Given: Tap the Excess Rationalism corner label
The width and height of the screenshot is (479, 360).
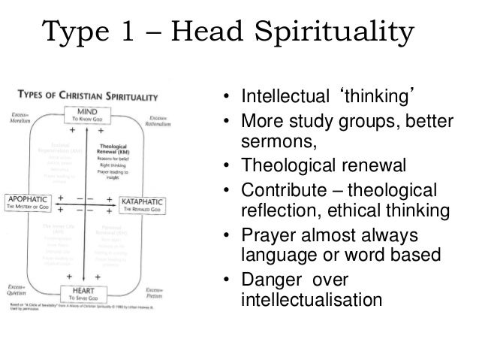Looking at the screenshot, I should click(152, 118).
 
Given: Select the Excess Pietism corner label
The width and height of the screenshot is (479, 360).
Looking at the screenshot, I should click(152, 291).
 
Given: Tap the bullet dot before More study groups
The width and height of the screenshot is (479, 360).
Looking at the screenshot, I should click(224, 123).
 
